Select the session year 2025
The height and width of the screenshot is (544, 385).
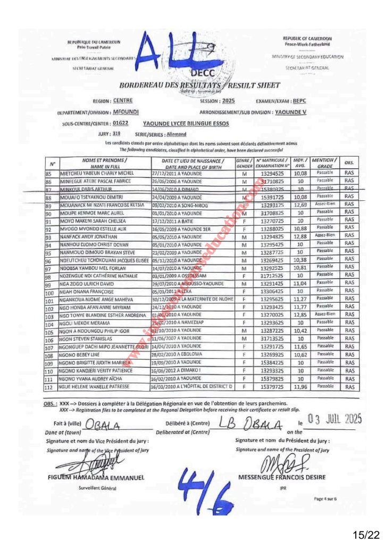[x=228, y=100]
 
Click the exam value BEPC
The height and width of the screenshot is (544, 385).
[x=299, y=100]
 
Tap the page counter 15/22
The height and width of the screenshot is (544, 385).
[x=367, y=531]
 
